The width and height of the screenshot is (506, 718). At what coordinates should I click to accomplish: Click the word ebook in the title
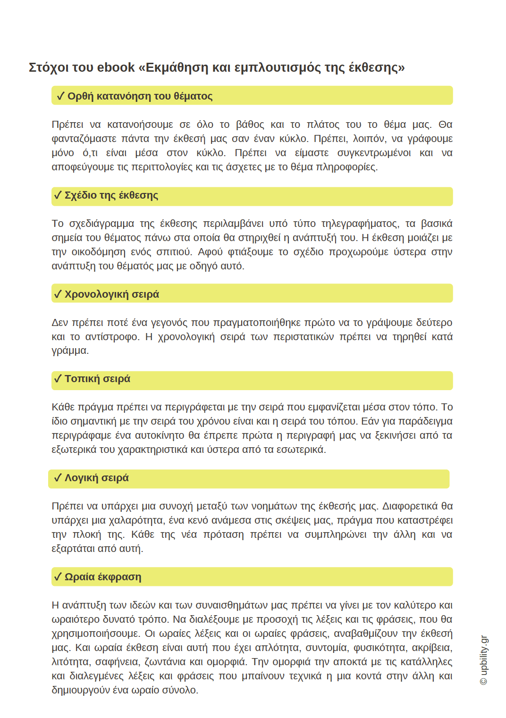tap(116, 67)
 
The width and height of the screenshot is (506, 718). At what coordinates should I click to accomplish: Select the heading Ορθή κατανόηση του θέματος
tap(140, 96)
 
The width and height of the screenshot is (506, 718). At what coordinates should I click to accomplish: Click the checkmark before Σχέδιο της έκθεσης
tap(58, 195)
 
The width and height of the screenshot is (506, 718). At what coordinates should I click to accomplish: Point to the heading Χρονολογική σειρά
tap(111, 294)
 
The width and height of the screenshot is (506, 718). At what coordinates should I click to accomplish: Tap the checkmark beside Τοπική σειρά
tap(58, 379)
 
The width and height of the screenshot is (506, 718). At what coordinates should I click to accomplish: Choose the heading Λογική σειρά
tap(96, 478)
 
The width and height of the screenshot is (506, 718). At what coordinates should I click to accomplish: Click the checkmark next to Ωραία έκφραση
tap(58, 577)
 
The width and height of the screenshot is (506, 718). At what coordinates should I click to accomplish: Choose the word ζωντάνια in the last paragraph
tap(197, 662)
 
